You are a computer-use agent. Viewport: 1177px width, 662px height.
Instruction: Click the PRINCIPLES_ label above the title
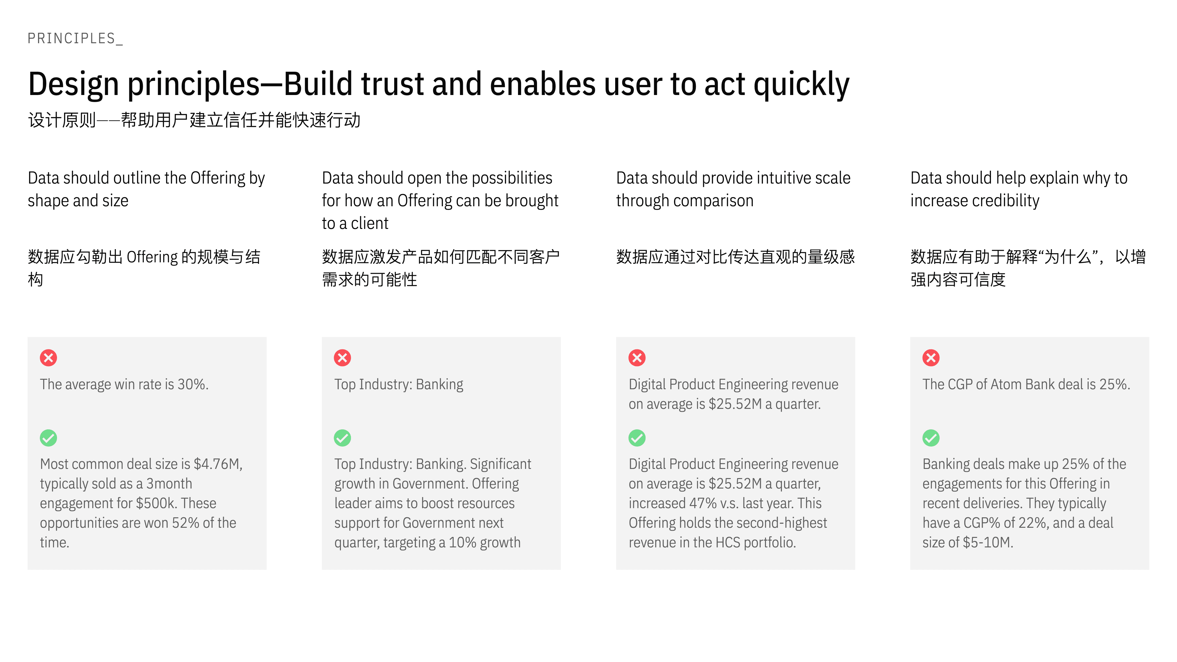coord(75,38)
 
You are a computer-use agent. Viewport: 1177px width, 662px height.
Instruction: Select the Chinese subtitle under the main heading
coord(194,120)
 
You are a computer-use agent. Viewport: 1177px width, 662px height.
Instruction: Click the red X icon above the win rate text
coord(48,358)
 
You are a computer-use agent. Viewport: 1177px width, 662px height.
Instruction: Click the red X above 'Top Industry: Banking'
coord(342,358)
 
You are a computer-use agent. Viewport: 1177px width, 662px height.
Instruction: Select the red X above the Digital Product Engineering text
coord(637,358)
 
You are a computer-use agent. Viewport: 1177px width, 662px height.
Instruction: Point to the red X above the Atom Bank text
coord(931,358)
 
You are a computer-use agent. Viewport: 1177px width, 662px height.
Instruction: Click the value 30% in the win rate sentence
coord(193,384)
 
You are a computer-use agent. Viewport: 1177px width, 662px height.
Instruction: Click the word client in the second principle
coord(370,223)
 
